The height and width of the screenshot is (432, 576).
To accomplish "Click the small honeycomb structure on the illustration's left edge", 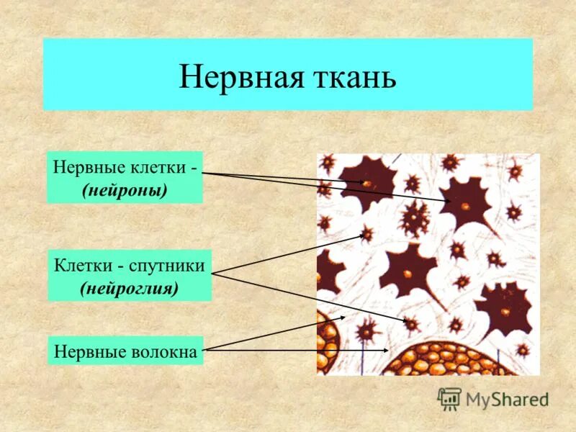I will [x=327, y=346].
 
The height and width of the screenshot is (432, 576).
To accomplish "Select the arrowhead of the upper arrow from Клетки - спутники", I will [x=363, y=235].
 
